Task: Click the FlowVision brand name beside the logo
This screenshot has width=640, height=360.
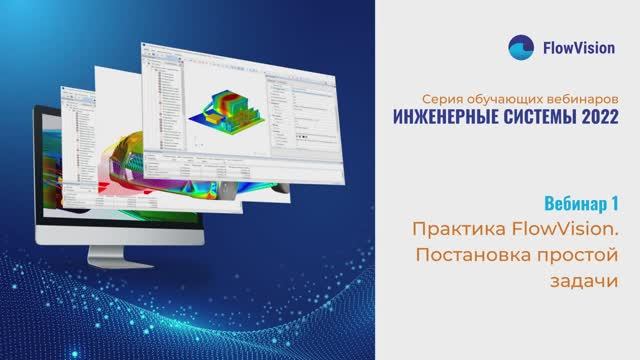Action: point(580,47)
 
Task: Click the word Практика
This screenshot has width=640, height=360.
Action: point(457,229)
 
